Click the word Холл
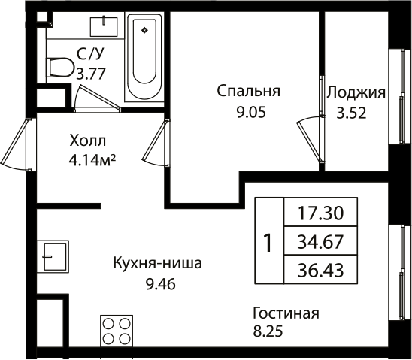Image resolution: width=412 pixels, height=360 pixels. (88, 141)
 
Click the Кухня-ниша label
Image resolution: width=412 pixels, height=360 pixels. (158, 265)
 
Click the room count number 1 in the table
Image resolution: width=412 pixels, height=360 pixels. (267, 243)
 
